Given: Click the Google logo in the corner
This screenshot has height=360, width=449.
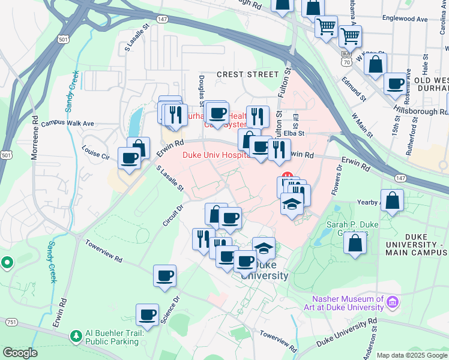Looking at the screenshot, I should coord(20,353).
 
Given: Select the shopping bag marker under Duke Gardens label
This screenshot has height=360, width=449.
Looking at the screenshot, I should coord(355,243).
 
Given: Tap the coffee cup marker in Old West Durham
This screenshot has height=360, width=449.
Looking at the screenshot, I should coord(395,83).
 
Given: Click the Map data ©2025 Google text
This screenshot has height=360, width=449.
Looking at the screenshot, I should coord(412,355).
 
